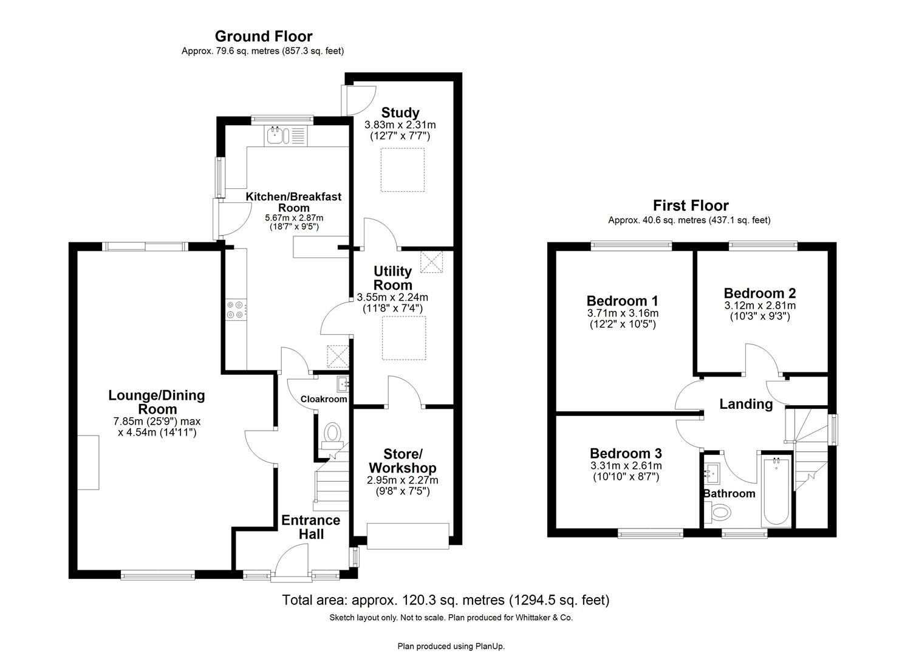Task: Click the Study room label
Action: [x=400, y=112]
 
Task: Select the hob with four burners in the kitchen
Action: [x=235, y=310]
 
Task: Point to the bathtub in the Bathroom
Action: [x=776, y=492]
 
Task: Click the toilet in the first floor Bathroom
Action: [x=717, y=513]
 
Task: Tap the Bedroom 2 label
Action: [x=759, y=293]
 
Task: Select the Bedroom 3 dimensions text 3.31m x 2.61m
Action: [x=626, y=466]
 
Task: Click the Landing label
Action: [x=746, y=404]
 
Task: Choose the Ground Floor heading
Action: [x=263, y=36]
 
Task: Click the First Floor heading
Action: [x=690, y=205]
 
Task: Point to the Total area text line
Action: [x=445, y=600]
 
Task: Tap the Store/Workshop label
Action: [x=402, y=461]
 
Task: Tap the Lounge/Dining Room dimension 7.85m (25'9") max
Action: [x=157, y=422]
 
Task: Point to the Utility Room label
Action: [x=392, y=278]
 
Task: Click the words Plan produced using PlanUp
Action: [x=451, y=646]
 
